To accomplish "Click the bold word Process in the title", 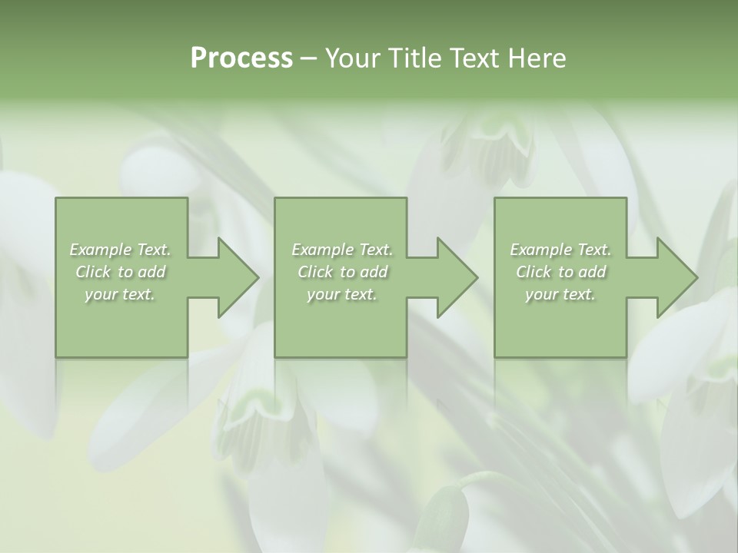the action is pyautogui.click(x=241, y=58).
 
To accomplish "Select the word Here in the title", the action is pyautogui.click(x=537, y=58).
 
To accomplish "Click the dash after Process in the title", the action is pyautogui.click(x=309, y=59).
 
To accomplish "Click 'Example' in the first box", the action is pyautogui.click(x=100, y=250).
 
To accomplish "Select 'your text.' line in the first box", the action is pyautogui.click(x=120, y=294).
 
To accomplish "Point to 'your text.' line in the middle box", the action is pyautogui.click(x=342, y=294).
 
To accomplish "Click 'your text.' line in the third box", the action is pyautogui.click(x=560, y=294).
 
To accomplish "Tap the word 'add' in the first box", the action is pyautogui.click(x=152, y=272).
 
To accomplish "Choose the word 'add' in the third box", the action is pyautogui.click(x=593, y=272).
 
